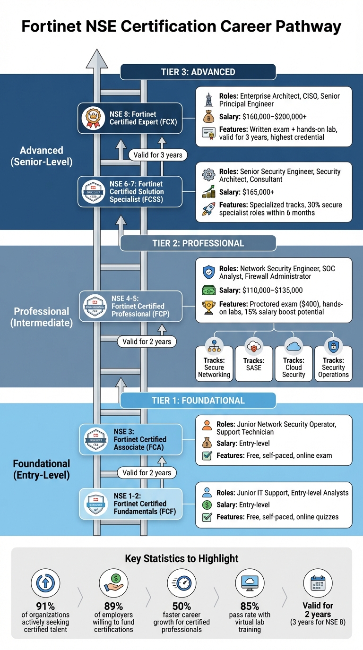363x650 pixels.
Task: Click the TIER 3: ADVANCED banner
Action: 198,72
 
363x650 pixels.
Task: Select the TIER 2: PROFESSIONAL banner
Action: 198,244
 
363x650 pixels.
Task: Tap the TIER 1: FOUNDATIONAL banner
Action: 198,401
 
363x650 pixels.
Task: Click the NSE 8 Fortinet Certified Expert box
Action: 130,118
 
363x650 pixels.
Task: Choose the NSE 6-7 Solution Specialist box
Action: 130,192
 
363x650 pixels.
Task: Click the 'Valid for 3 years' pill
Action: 157,155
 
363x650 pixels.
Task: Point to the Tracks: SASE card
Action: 254,363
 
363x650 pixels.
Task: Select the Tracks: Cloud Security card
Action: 294,363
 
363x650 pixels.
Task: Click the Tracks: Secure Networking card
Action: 214,363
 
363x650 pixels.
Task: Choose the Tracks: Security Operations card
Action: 333,363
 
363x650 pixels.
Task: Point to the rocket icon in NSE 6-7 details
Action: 208,208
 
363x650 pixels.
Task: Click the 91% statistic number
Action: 46,606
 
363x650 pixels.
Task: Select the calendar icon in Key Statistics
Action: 318,582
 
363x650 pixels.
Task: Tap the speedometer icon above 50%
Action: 181,582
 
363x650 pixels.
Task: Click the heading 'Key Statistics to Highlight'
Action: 181,559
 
